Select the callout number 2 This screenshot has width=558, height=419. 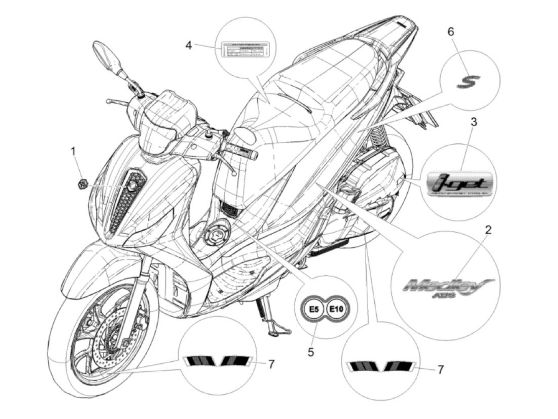point(488,230)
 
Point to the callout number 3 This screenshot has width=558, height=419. point(474,122)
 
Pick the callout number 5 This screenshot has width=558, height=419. point(311,352)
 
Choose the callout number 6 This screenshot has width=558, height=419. point(451,32)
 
